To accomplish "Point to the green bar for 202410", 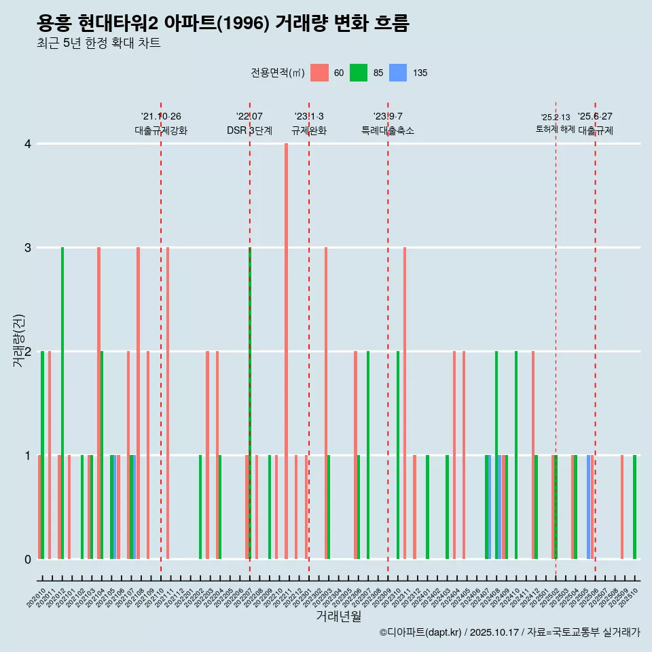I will tap(516, 455).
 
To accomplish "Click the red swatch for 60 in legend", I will tap(319, 73).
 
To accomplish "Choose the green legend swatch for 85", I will tap(359, 73).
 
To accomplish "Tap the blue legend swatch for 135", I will tap(398, 73).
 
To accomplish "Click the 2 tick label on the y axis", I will tap(28, 352).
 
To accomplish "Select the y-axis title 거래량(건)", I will tap(19, 340).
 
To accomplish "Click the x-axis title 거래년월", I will tap(338, 616).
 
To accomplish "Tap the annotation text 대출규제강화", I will tap(161, 130).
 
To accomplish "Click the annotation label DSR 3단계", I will tap(249, 130).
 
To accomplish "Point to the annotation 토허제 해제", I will tap(556, 129).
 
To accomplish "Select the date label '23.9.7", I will tap(388, 117).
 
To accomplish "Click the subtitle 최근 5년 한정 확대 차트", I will tap(99, 43).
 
